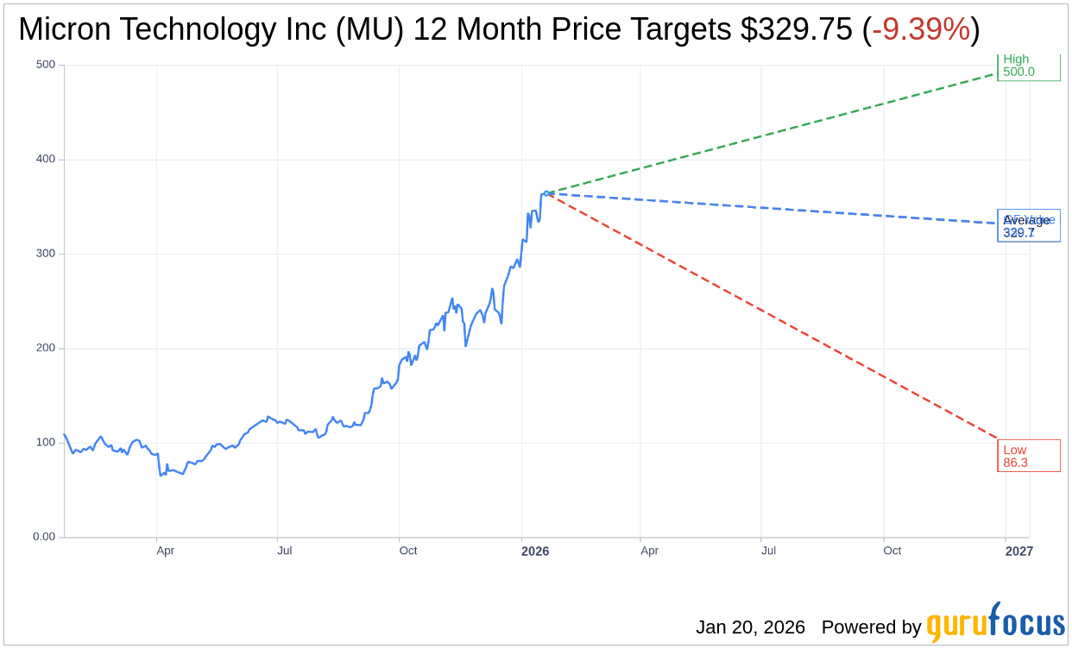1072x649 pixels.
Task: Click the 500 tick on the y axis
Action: pyautogui.click(x=45, y=65)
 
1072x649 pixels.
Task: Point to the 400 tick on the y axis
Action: pyautogui.click(x=45, y=159)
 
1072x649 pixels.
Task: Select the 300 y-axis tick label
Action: pyautogui.click(x=45, y=254)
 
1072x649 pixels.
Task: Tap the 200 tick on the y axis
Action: pyautogui.click(x=45, y=348)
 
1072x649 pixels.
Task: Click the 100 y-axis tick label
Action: pyautogui.click(x=45, y=443)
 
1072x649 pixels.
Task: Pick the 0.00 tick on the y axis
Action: pyautogui.click(x=43, y=537)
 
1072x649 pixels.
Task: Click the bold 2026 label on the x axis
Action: pyautogui.click(x=534, y=551)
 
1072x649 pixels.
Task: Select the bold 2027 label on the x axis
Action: pyautogui.click(x=1018, y=551)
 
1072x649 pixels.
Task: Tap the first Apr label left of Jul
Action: pyautogui.click(x=165, y=551)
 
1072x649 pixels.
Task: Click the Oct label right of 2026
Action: pyautogui.click(x=892, y=551)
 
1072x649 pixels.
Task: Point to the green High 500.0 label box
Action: pyautogui.click(x=1028, y=66)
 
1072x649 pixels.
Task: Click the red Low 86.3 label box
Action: pyautogui.click(x=1028, y=456)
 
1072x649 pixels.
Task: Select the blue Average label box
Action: pyautogui.click(x=1028, y=226)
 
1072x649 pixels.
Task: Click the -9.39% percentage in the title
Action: pyautogui.click(x=920, y=29)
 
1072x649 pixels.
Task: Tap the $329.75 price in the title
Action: pyautogui.click(x=796, y=29)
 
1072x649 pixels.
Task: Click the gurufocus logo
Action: pyautogui.click(x=995, y=623)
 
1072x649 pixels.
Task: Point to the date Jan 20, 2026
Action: pyautogui.click(x=750, y=627)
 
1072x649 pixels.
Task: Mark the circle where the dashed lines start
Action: pyautogui.click(x=546, y=193)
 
